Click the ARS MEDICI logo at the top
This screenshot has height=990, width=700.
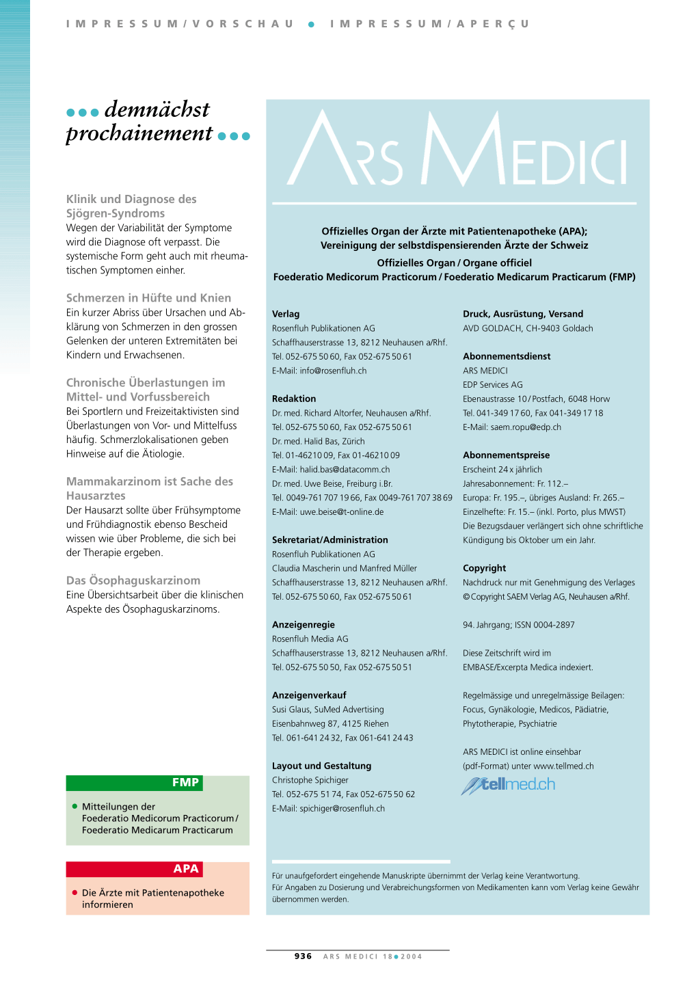[457, 149]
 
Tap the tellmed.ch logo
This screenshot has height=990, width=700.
[509, 785]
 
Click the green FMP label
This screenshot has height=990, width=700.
[185, 783]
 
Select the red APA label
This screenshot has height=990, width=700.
[185, 869]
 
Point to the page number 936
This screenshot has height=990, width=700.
[303, 956]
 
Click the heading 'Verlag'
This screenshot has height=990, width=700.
[286, 314]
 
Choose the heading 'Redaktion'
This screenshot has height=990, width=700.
[294, 399]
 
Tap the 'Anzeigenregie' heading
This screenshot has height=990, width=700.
[304, 624]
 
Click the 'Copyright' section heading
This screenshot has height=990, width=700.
[485, 568]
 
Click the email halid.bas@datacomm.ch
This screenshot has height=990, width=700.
[345, 470]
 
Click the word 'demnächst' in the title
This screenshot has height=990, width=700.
[157, 109]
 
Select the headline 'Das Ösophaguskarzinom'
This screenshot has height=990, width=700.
[133, 580]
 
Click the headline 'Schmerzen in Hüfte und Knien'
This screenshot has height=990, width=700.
[148, 298]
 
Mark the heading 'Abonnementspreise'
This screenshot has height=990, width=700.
[506, 455]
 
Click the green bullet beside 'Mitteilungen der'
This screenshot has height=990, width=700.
[75, 807]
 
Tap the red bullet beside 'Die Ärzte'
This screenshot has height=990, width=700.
[75, 893]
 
